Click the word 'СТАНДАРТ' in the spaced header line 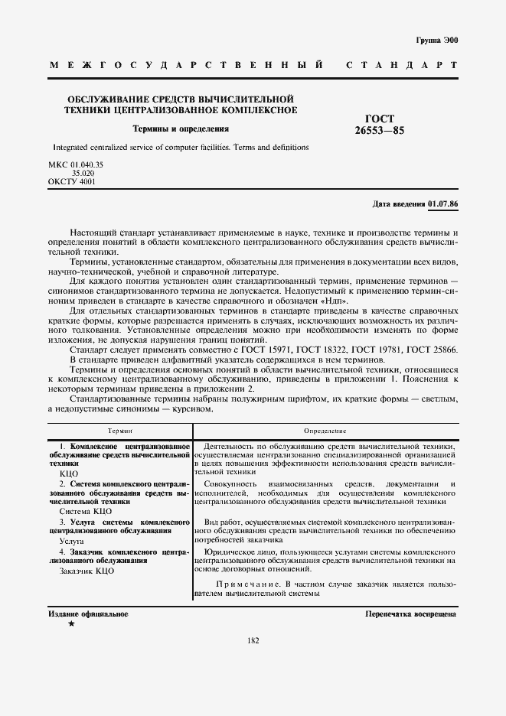[x=402, y=67]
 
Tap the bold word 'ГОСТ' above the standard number [x=380, y=119]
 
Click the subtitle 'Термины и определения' [x=181, y=129]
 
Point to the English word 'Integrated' [x=71, y=146]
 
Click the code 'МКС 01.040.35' [x=77, y=164]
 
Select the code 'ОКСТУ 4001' [x=73, y=182]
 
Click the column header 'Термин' [x=120, y=432]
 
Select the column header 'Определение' [x=325, y=432]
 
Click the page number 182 [x=253, y=640]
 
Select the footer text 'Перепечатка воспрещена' [x=411, y=613]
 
